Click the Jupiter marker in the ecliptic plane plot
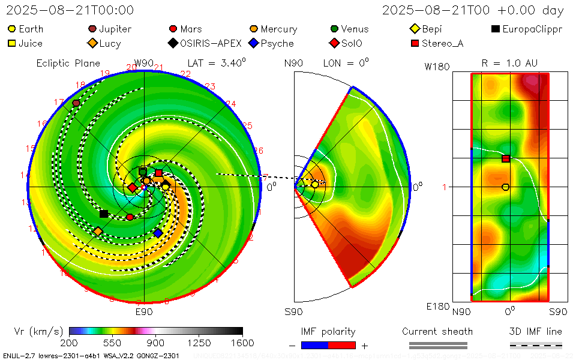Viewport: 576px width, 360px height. (x=76, y=103)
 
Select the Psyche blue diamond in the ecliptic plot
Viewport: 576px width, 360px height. (x=158, y=233)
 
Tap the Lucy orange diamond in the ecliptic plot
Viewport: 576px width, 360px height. (x=98, y=231)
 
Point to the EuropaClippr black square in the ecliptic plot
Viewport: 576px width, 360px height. (x=104, y=214)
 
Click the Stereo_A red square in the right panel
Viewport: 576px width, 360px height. (x=506, y=158)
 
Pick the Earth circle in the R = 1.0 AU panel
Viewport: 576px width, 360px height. (x=505, y=187)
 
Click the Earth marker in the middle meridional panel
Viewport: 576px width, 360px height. (x=315, y=184)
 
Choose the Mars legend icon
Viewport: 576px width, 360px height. (x=173, y=29)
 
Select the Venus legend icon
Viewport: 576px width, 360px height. (x=334, y=29)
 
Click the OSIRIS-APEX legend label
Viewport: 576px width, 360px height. (x=211, y=43)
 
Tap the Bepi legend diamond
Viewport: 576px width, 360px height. (x=414, y=29)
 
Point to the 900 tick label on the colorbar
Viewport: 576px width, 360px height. (x=156, y=343)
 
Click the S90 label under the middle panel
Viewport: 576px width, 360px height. (x=293, y=311)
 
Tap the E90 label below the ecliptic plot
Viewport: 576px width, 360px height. (x=144, y=311)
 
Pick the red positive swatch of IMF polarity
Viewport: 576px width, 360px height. (x=342, y=345)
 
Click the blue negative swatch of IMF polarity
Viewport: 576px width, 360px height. (x=314, y=345)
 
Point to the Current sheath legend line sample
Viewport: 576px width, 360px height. (x=437, y=345)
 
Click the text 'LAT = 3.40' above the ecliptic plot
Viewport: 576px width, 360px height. (x=216, y=63)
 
